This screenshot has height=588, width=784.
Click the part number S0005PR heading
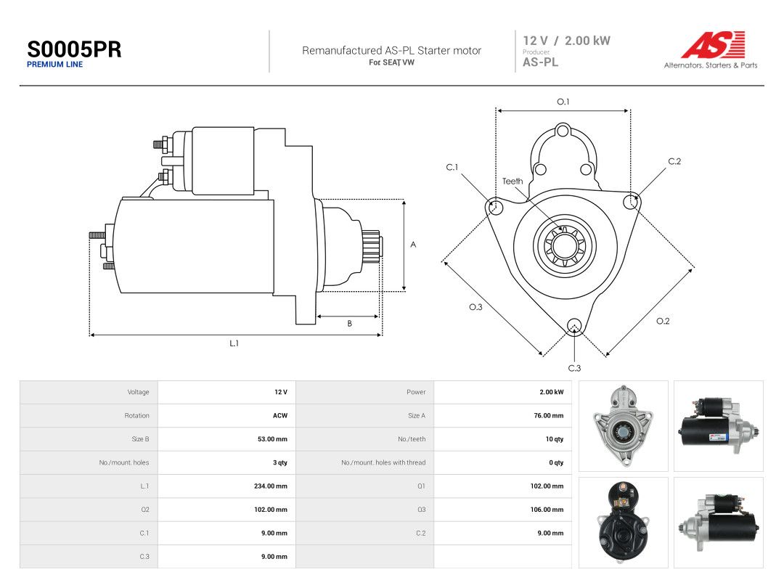point(74,49)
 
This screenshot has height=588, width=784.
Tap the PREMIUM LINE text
point(55,65)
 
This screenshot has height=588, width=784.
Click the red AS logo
point(713,44)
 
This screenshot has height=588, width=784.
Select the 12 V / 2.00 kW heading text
point(566,41)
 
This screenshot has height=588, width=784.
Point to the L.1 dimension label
point(234,343)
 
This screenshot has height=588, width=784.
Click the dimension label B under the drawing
point(349,324)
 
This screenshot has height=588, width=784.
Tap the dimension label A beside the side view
point(413,245)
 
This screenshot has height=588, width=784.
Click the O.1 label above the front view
point(563,102)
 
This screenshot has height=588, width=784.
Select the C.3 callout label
point(574,368)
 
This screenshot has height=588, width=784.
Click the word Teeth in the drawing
point(513,181)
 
